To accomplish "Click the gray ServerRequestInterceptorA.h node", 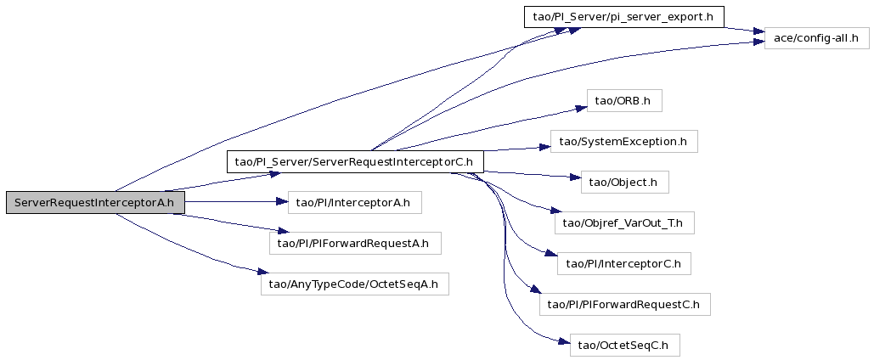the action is tap(95, 202).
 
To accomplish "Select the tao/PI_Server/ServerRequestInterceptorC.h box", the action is tap(354, 161).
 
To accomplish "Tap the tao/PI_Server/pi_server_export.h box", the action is tap(623, 16).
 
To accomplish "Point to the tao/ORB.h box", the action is tap(624, 100).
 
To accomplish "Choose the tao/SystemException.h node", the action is tap(623, 142).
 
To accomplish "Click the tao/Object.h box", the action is tap(624, 183).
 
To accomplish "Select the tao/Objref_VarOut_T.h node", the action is tap(624, 223).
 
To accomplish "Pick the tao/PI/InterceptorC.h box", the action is tap(623, 263).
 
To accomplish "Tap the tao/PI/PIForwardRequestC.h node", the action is tap(624, 304).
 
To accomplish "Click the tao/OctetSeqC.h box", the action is tap(624, 345).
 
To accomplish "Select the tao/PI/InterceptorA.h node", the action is tap(354, 202).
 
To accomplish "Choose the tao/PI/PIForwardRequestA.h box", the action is tap(355, 243).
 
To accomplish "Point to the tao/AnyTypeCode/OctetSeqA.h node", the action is tap(354, 284).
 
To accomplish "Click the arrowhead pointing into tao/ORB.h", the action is tap(581, 107).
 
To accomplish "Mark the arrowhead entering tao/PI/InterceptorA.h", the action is tap(282, 202).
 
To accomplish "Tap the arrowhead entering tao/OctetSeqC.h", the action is tap(563, 341).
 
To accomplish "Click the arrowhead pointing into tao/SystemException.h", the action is tap(544, 147).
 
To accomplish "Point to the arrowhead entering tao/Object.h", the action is tap(575, 177).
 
